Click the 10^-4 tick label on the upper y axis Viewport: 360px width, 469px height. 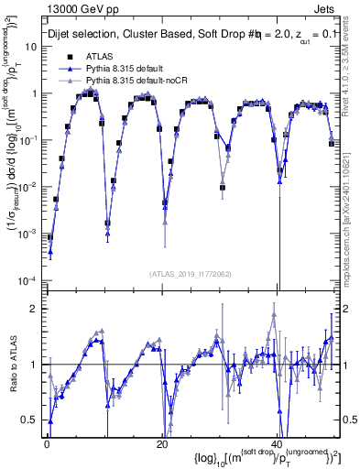[x=28, y=280]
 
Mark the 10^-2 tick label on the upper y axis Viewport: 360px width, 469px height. [x=28, y=187]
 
